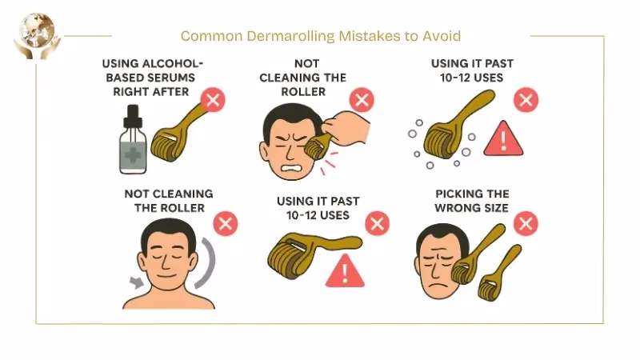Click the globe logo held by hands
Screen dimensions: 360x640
click(x=34, y=34)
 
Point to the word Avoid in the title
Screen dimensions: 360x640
click(x=442, y=36)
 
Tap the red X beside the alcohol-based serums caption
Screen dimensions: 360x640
click(x=213, y=101)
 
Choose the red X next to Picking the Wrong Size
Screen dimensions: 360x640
click(x=526, y=223)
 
